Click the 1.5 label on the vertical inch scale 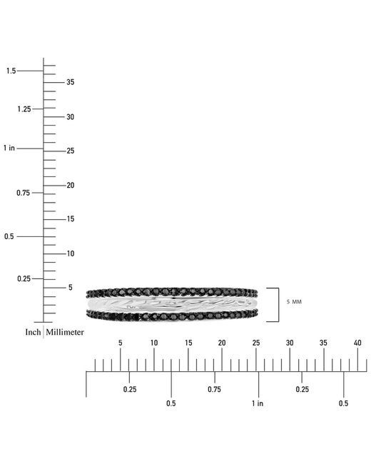coord(11,71)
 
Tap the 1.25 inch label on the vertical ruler coord(24,109)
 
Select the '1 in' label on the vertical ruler coord(9,148)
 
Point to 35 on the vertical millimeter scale coord(70,82)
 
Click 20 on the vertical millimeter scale coord(70,186)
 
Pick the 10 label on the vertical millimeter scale coord(70,253)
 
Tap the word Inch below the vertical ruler coord(33,333)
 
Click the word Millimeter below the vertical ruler coord(65,333)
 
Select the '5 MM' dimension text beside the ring coord(294,302)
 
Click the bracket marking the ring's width coord(279,305)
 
